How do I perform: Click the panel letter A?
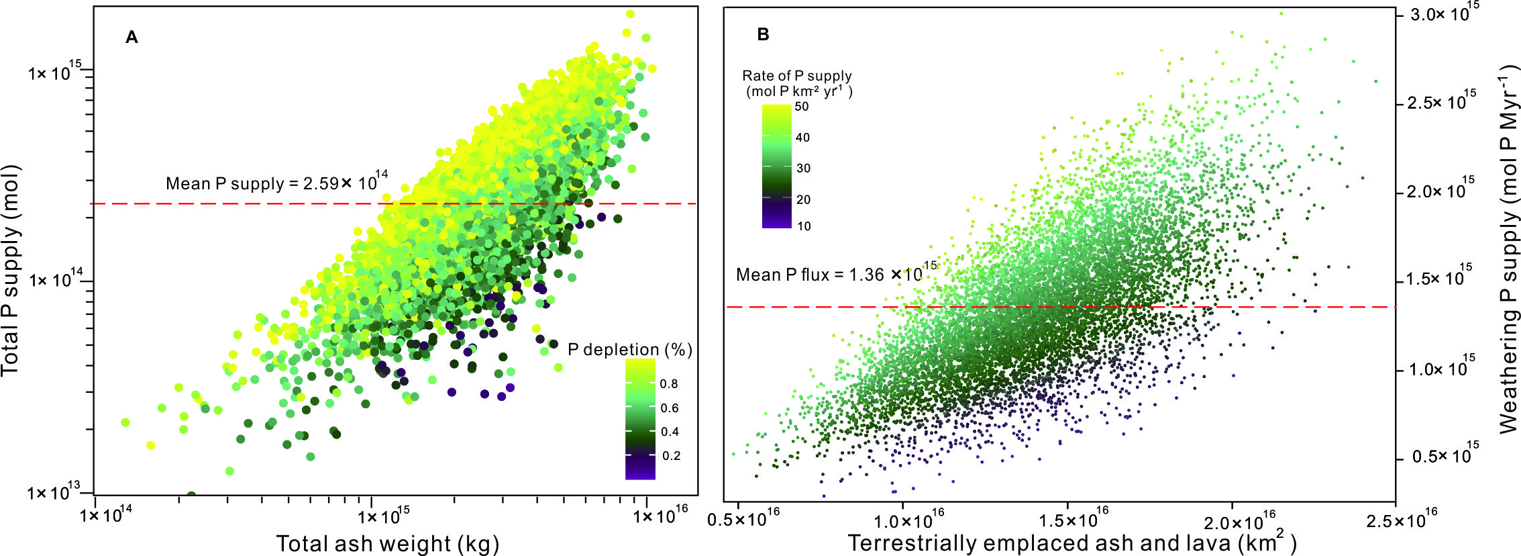click(132, 38)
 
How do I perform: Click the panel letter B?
click(763, 35)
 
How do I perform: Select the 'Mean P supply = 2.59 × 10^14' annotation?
click(276, 183)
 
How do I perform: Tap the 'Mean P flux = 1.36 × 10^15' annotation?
click(836, 274)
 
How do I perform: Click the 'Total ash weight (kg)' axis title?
click(387, 543)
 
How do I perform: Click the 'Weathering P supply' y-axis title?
click(1507, 248)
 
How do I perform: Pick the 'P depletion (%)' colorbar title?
click(629, 350)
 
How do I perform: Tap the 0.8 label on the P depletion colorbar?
click(669, 384)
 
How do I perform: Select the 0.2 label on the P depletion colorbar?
click(671, 456)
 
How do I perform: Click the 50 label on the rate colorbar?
click(802, 107)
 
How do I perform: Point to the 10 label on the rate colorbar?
click(804, 226)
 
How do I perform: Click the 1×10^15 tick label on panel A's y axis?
click(54, 71)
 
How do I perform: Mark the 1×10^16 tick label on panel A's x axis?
click(661, 516)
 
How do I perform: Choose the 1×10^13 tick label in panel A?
click(53, 492)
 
